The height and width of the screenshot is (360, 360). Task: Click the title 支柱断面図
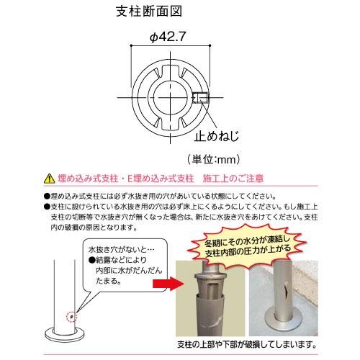coord(148,12)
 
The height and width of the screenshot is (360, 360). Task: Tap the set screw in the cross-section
coord(202,97)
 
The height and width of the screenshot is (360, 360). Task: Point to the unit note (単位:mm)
coord(214,158)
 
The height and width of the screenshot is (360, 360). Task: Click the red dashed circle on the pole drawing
coord(70,314)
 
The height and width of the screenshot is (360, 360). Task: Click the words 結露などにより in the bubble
coord(124,261)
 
